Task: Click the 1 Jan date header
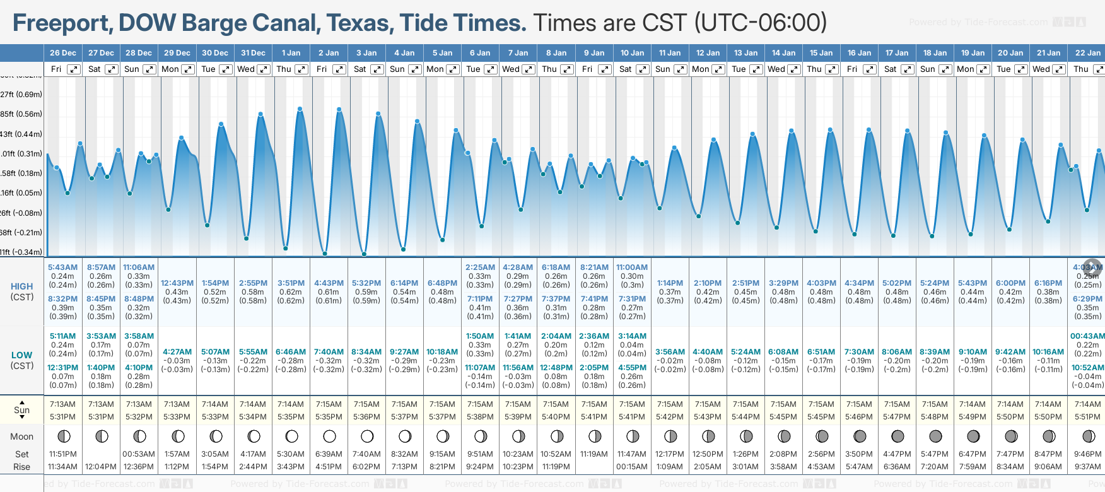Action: [291, 53]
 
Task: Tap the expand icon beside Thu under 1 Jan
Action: [301, 69]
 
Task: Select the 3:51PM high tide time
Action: [291, 283]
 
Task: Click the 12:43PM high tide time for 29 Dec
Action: [177, 283]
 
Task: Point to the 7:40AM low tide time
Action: [329, 352]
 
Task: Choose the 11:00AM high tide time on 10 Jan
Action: [632, 267]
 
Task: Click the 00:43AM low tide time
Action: [1087, 336]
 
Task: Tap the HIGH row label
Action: [21, 286]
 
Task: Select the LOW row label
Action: [21, 355]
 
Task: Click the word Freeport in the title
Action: [62, 23]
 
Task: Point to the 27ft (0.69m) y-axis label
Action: [21, 95]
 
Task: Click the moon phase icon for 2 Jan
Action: [329, 436]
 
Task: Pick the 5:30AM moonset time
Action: [291, 454]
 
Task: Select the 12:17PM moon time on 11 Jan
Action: [670, 454]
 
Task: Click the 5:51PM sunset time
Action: [1087, 417]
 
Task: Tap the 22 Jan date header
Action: [1087, 53]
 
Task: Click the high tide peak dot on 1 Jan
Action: [300, 109]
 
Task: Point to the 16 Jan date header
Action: [859, 53]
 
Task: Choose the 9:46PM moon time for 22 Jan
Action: [1087, 454]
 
